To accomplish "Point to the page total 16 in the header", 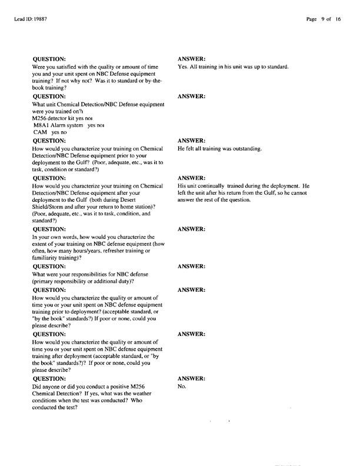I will (x=338, y=19).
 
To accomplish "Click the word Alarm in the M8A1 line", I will (x=63, y=126).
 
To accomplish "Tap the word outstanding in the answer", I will (x=244, y=149).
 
